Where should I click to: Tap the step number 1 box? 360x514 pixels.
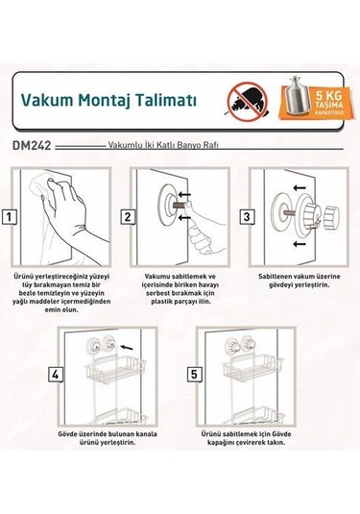[x=9, y=217]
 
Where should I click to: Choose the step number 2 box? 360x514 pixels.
[x=126, y=217]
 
